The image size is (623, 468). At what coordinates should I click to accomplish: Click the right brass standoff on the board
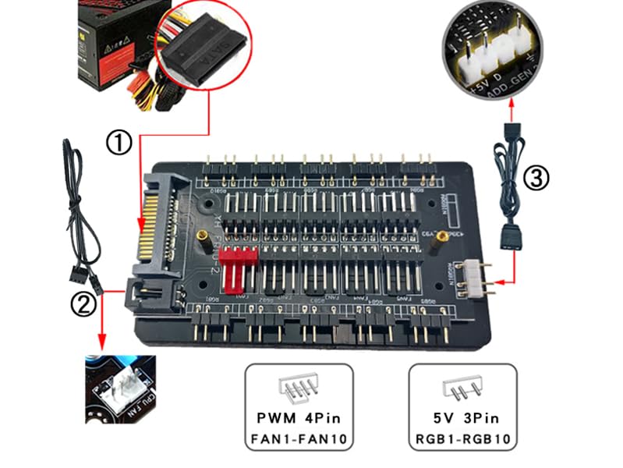pyautogui.click(x=442, y=236)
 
